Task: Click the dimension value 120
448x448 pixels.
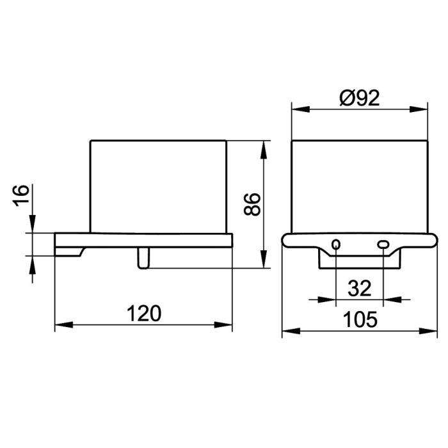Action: [144, 314]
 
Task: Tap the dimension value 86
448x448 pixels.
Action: [252, 204]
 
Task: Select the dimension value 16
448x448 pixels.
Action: [21, 195]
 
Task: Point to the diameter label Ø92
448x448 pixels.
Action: [360, 98]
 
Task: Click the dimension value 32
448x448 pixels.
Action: [360, 288]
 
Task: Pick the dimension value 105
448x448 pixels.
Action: [360, 319]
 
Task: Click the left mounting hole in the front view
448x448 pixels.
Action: [336, 244]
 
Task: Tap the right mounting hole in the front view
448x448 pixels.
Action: [383, 244]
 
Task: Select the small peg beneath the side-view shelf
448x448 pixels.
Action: [143, 258]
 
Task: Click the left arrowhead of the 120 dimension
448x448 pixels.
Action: [64, 325]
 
